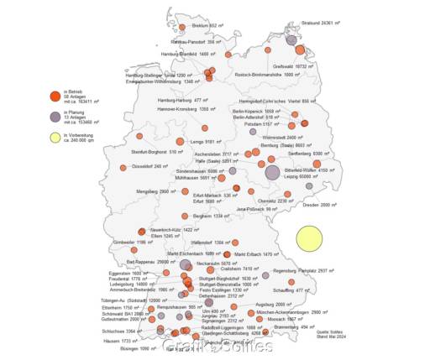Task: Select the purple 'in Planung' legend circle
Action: tap(55, 118)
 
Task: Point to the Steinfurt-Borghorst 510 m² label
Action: tap(158, 152)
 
